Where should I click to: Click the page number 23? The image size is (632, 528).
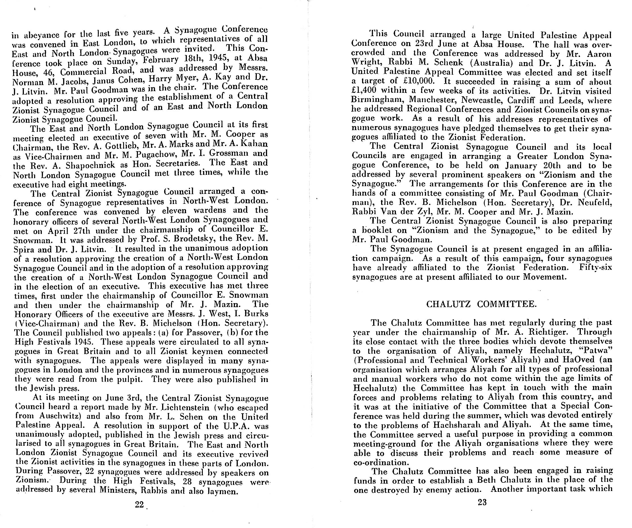click(x=482, y=502)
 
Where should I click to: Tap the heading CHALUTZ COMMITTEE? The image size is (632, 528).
click(x=482, y=304)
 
